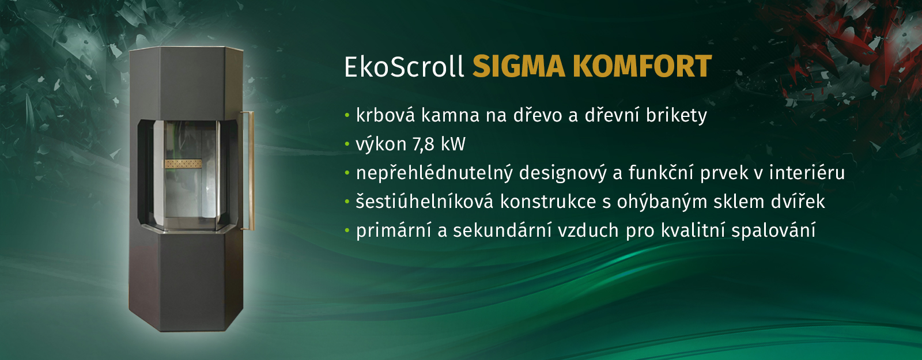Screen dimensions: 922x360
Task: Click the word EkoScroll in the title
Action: [x=404, y=67]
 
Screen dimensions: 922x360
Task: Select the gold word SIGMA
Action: [x=519, y=67]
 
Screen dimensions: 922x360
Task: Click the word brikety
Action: [x=677, y=116]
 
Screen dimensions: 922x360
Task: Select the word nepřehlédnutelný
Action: [x=434, y=173]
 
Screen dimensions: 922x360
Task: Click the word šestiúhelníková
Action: [x=424, y=202]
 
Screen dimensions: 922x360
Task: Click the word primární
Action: [x=394, y=230]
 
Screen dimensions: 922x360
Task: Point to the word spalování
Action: [x=773, y=231]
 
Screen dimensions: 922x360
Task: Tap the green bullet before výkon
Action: [x=347, y=145]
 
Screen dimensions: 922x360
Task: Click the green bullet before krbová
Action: [x=347, y=116]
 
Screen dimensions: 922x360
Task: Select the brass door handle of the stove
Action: [x=250, y=170]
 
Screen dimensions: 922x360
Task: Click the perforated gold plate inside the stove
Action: [x=183, y=164]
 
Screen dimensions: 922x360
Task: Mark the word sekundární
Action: [x=502, y=230]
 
